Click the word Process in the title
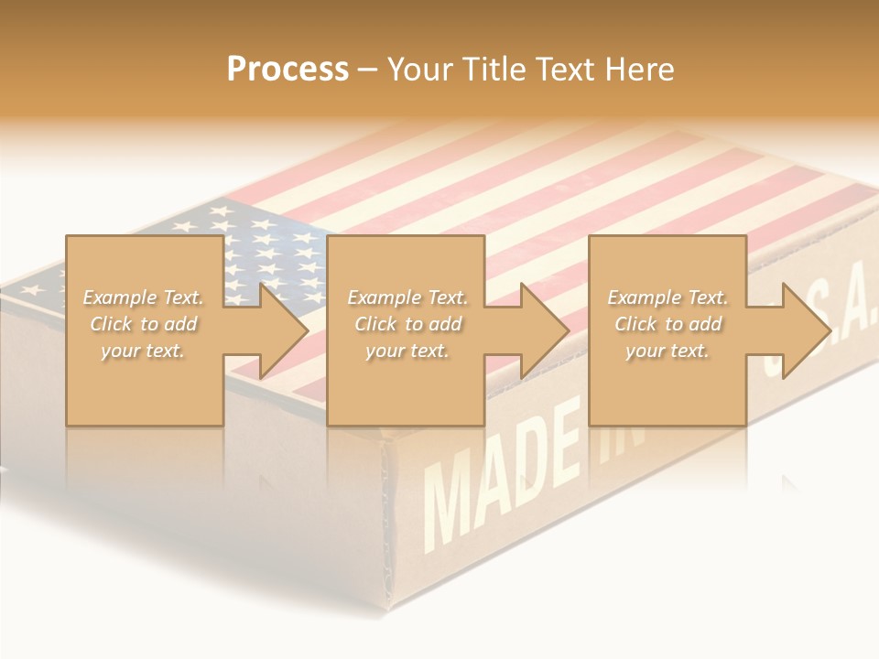tap(288, 70)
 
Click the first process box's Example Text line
tap(144, 297)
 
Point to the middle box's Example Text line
tap(407, 297)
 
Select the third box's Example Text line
tap(667, 297)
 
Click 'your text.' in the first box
tap(144, 351)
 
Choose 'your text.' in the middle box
tap(407, 351)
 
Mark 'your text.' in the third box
tap(667, 351)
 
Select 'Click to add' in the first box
tap(144, 324)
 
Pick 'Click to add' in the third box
tap(667, 324)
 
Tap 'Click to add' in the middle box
tap(407, 324)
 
